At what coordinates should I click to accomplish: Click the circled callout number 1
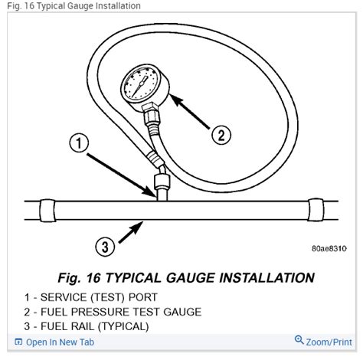(x=79, y=142)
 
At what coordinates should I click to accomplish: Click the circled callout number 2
(x=221, y=135)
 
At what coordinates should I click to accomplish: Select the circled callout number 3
(x=105, y=247)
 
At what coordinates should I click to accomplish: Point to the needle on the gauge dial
(x=141, y=85)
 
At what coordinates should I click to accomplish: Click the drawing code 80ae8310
(x=329, y=248)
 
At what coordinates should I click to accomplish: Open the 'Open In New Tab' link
(x=54, y=342)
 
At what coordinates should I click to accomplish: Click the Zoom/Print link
(x=329, y=342)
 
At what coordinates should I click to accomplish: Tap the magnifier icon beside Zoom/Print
(x=299, y=340)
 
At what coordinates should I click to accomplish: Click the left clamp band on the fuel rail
(x=47, y=211)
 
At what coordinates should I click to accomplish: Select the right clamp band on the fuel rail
(x=316, y=210)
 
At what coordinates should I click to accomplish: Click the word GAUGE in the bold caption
(x=190, y=277)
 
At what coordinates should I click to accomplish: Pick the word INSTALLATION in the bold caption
(x=267, y=277)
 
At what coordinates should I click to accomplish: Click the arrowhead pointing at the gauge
(x=176, y=100)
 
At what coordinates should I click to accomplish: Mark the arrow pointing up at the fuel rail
(x=130, y=232)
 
